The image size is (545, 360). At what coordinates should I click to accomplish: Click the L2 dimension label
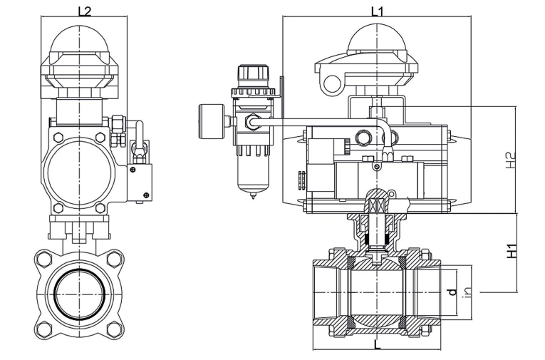[84, 11]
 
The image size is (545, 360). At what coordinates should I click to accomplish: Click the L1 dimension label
[378, 11]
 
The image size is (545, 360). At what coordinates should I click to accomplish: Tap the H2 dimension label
[508, 160]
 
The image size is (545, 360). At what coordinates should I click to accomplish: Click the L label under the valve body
[377, 342]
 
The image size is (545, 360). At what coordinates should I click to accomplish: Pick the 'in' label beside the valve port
[467, 292]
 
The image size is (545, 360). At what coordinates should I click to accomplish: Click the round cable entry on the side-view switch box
[331, 83]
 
